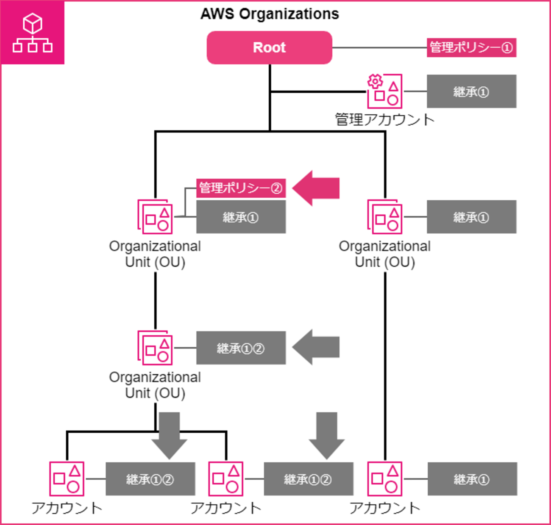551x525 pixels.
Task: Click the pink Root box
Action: click(x=269, y=47)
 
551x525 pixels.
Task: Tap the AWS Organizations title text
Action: click(x=270, y=14)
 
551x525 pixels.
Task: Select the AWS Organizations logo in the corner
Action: click(x=33, y=33)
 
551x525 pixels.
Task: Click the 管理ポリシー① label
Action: click(x=471, y=47)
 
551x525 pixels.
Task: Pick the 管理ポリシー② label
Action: click(x=241, y=188)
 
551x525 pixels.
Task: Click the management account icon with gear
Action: click(x=384, y=91)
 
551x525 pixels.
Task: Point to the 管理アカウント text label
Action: click(x=384, y=119)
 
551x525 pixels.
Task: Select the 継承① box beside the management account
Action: click(x=471, y=91)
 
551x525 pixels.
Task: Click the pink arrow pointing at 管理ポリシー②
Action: click(x=316, y=188)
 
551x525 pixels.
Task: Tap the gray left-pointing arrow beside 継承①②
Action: click(x=316, y=347)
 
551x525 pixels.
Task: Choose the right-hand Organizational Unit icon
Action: click(x=384, y=217)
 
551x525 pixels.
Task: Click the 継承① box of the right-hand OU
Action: click(x=471, y=217)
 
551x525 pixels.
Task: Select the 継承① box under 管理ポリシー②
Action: click(x=241, y=217)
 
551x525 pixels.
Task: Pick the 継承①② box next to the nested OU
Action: click(x=241, y=348)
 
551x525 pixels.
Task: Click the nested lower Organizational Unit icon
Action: click(x=155, y=348)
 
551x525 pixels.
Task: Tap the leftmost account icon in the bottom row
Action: click(x=67, y=479)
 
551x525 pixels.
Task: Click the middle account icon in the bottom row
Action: click(x=226, y=479)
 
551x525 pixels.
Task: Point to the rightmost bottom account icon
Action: click(x=384, y=479)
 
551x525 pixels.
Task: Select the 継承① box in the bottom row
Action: click(x=472, y=479)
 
